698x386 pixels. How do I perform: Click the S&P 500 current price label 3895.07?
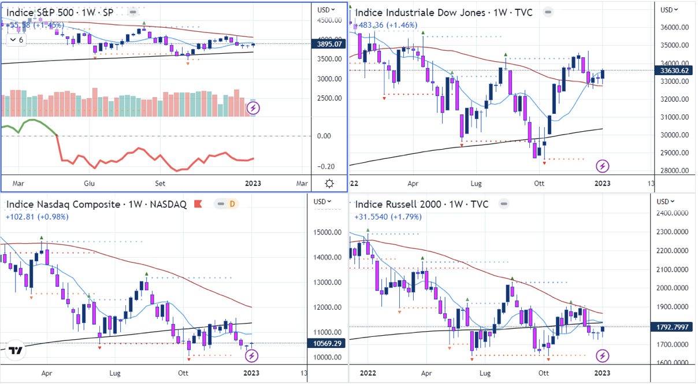(329, 44)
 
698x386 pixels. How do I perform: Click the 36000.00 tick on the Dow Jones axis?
(675, 28)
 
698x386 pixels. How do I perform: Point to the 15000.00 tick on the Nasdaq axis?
(328, 232)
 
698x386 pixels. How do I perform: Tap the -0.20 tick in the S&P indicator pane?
(326, 166)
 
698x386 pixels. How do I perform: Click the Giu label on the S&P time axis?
(90, 183)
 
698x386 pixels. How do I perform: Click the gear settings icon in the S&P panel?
(329, 183)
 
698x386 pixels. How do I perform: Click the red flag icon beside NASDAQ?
(198, 204)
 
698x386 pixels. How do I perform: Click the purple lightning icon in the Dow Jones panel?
(603, 166)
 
